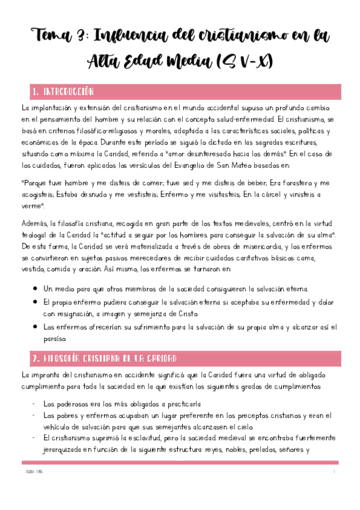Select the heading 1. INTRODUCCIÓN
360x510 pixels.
[63, 92]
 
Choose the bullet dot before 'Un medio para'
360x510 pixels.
[38, 288]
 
